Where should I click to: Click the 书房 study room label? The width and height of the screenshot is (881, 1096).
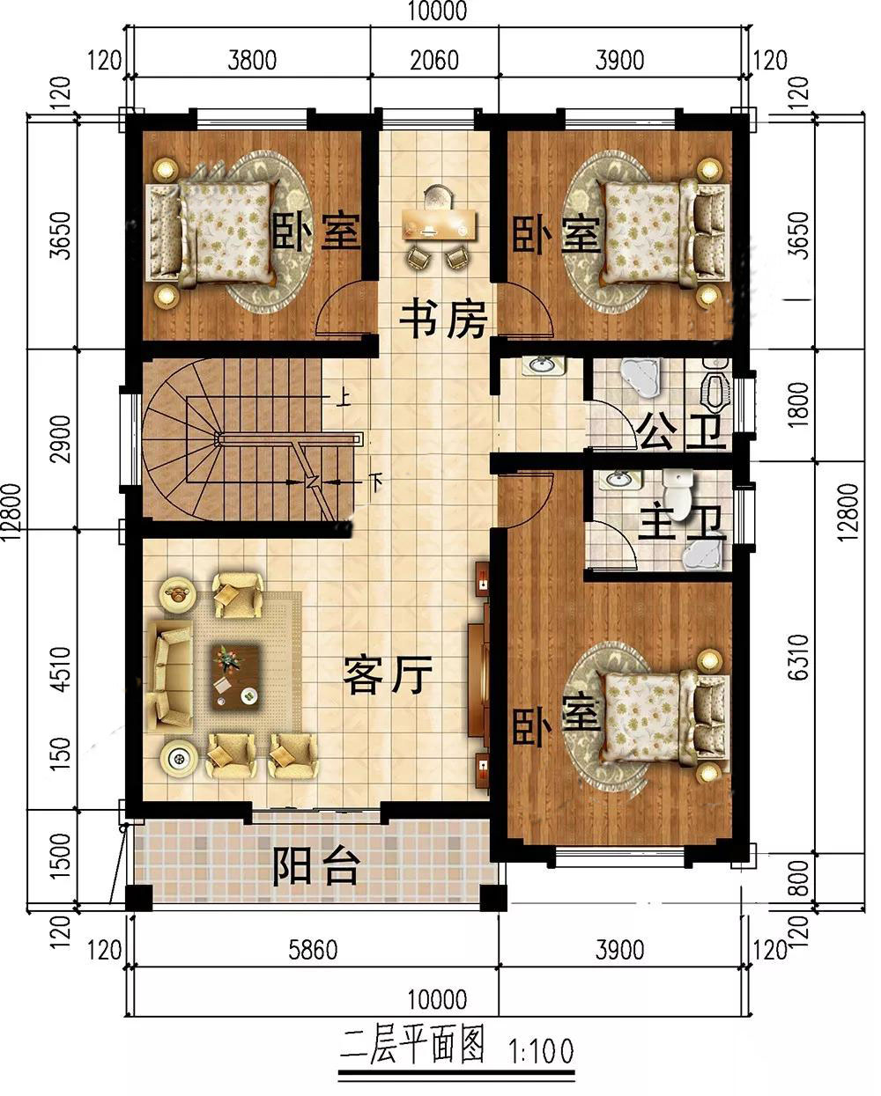[x=442, y=320]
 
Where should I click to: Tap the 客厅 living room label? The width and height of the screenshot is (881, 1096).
[x=388, y=676]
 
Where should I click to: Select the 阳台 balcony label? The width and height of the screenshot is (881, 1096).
[x=316, y=866]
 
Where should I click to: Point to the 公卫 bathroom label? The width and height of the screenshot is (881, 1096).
[x=682, y=432]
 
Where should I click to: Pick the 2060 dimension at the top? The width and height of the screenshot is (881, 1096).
[x=434, y=60]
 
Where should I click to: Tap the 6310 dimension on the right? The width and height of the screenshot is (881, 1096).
[x=798, y=658]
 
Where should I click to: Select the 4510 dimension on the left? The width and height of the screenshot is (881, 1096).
[x=61, y=670]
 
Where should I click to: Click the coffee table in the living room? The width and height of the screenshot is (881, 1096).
[x=236, y=677]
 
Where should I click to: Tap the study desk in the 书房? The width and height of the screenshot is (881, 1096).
[x=439, y=224]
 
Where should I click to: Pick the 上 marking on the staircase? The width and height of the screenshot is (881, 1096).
[x=344, y=397]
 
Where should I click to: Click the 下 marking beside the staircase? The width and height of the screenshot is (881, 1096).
[x=375, y=482]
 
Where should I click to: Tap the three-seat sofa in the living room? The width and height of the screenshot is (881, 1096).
[x=170, y=676]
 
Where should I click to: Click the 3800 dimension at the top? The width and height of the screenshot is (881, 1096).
[x=252, y=60]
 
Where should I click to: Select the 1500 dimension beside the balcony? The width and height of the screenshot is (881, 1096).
[x=61, y=855]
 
